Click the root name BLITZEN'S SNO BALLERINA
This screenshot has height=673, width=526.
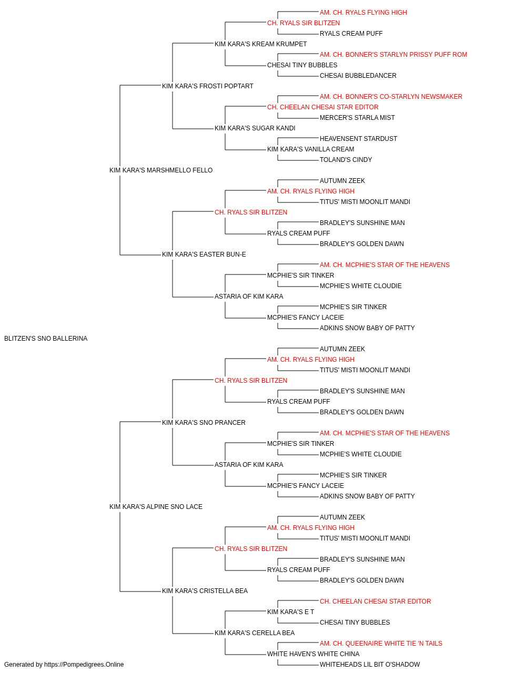click(x=46, y=339)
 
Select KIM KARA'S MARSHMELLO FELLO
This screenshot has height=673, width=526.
click(x=161, y=170)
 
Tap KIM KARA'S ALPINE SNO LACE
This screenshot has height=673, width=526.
click(x=156, y=507)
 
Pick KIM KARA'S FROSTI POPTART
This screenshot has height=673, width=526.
click(x=208, y=86)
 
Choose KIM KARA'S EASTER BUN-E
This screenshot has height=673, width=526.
click(x=204, y=254)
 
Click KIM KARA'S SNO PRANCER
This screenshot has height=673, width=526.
click(x=204, y=422)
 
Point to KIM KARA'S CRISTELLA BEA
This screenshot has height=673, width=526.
click(x=205, y=590)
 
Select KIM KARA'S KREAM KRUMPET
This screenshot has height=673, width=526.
click(x=260, y=44)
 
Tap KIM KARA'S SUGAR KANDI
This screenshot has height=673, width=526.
click(x=255, y=128)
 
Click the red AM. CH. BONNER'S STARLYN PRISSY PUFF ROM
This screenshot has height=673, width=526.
click(x=393, y=55)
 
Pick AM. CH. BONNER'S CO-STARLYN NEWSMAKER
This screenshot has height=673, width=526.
click(x=391, y=97)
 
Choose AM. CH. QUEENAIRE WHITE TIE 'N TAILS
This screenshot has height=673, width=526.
click(x=381, y=643)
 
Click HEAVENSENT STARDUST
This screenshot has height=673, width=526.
click(x=358, y=139)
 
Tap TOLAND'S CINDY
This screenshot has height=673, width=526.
click(x=346, y=160)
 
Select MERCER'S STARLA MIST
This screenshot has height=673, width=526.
click(x=357, y=118)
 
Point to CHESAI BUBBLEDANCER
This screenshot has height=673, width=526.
click(x=358, y=76)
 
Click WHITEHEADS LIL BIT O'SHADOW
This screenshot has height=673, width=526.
click(x=370, y=665)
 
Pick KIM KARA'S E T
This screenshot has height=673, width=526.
click(x=290, y=611)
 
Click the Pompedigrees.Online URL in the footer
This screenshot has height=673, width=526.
click(x=84, y=665)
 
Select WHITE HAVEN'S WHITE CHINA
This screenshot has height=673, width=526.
click(x=313, y=654)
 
